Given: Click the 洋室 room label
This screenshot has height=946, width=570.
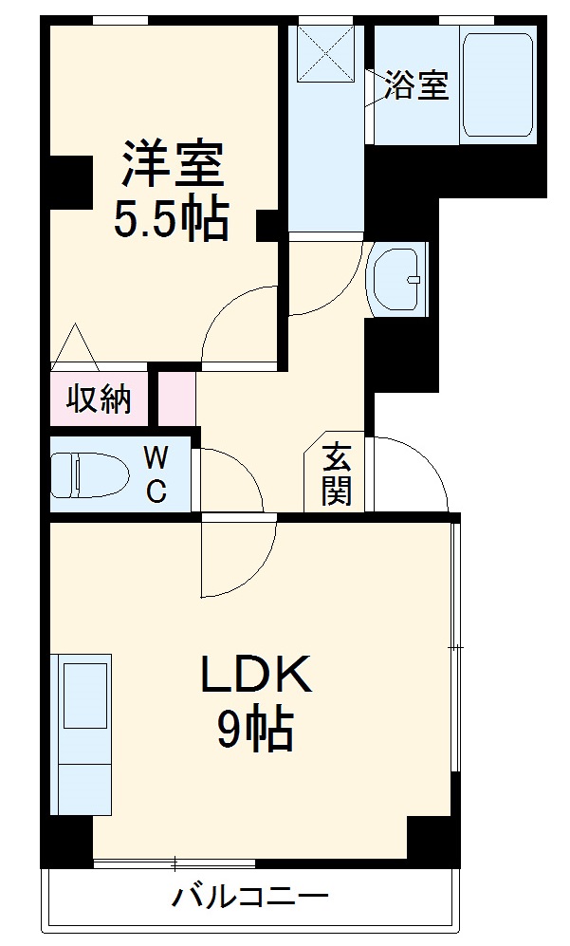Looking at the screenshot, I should pyautogui.click(x=172, y=165).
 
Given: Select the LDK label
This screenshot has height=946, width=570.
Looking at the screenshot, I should pyautogui.click(x=255, y=676).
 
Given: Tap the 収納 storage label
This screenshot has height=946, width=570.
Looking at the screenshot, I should pyautogui.click(x=99, y=399).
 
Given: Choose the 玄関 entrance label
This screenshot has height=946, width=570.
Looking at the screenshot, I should pyautogui.click(x=336, y=474).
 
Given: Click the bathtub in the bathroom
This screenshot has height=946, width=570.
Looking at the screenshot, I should pyautogui.click(x=497, y=85).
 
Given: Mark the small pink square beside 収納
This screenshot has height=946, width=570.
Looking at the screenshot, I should pyautogui.click(x=176, y=399).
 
